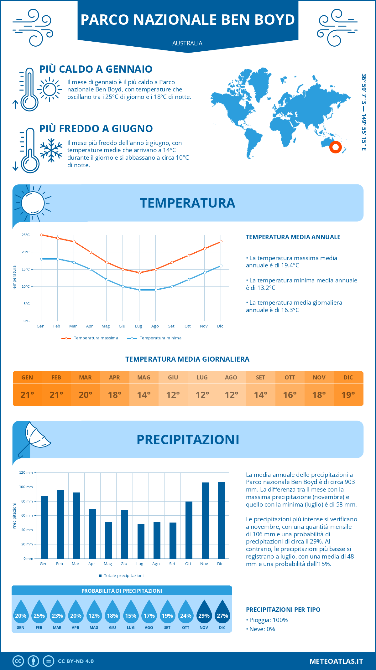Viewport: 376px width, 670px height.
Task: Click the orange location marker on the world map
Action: [x=335, y=147]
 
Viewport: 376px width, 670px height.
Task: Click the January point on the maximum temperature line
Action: [x=41, y=235]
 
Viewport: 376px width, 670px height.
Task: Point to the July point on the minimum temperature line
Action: [x=139, y=290]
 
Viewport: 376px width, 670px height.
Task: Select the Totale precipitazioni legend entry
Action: [x=121, y=575]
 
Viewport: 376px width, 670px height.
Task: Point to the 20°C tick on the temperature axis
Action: [x=26, y=252]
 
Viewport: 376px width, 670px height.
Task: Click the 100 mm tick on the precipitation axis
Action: [x=26, y=487]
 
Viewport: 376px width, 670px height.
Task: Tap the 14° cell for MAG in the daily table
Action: [x=144, y=395]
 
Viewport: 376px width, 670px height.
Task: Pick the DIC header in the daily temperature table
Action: [x=348, y=378]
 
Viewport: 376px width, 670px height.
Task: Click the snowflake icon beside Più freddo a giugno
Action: [x=51, y=150]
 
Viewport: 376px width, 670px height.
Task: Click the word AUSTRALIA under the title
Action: [x=187, y=43]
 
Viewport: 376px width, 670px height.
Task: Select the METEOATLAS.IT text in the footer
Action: [x=336, y=661]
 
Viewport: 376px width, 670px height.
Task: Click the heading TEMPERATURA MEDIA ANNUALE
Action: [x=293, y=237]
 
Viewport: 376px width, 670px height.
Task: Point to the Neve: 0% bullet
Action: [x=260, y=629]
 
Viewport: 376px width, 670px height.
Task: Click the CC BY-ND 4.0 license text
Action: [x=76, y=661]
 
